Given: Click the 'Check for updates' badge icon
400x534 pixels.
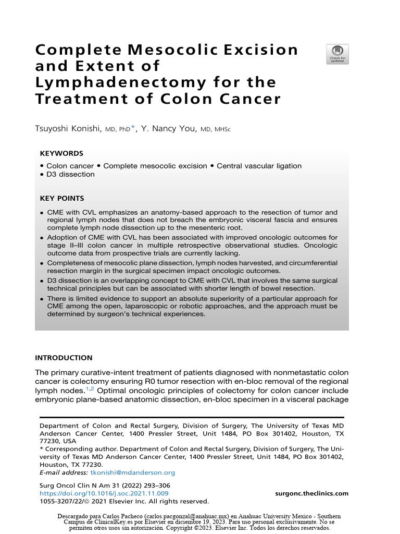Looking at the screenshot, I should click(x=337, y=54).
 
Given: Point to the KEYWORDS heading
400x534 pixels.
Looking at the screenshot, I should click(x=61, y=153).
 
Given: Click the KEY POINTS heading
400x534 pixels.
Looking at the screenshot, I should click(x=62, y=198).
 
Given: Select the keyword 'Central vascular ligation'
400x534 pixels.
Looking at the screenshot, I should click(x=259, y=166).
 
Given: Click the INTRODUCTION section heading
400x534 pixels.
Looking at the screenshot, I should click(x=64, y=358).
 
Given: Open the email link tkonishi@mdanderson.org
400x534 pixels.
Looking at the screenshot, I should click(x=133, y=472).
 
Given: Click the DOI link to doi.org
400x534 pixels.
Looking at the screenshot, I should click(x=104, y=493).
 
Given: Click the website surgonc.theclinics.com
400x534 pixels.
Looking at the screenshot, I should click(x=311, y=493).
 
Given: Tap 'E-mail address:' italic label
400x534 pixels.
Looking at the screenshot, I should click(x=64, y=472).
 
